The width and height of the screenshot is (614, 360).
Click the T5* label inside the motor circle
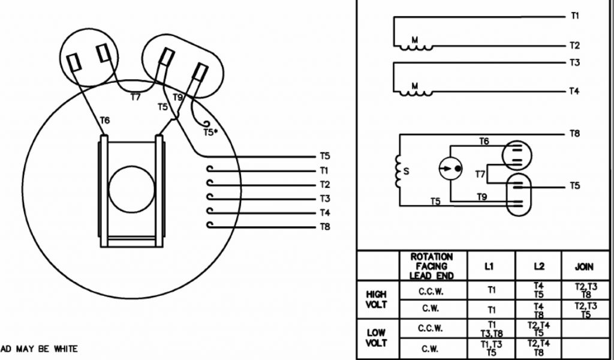point(210,132)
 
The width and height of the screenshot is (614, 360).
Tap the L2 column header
point(538,266)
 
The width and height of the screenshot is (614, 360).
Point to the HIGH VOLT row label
point(377,299)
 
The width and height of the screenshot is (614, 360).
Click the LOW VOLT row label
point(377,338)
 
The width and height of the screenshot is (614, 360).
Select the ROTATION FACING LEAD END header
point(432,266)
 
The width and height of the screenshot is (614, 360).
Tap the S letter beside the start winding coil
point(406,171)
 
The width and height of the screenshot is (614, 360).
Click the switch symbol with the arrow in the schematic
point(450,170)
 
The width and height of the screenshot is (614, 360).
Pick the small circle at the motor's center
point(131,190)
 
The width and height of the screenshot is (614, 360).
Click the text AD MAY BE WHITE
point(39,349)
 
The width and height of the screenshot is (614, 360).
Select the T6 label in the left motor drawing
point(104,121)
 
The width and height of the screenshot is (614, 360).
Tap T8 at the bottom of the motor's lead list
point(324,227)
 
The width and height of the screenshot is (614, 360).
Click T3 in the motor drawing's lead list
point(324,199)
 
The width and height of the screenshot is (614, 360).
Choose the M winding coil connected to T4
point(414,90)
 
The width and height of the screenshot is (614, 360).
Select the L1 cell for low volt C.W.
point(491,348)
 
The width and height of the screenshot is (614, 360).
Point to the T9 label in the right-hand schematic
point(481,196)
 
